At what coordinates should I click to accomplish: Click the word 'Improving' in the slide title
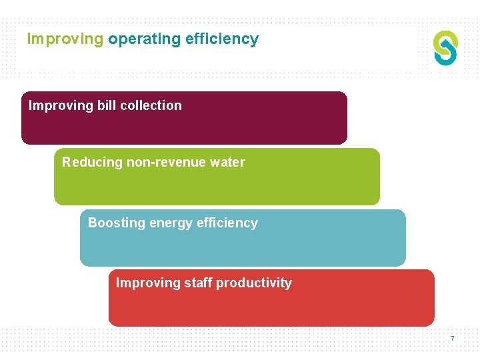click(65, 39)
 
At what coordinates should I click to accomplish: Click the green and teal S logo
click(445, 48)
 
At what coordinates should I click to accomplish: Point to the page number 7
click(452, 339)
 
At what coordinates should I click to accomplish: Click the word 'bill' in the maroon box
click(107, 105)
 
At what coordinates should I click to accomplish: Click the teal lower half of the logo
click(447, 56)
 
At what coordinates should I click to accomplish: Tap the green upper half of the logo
click(443, 39)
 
